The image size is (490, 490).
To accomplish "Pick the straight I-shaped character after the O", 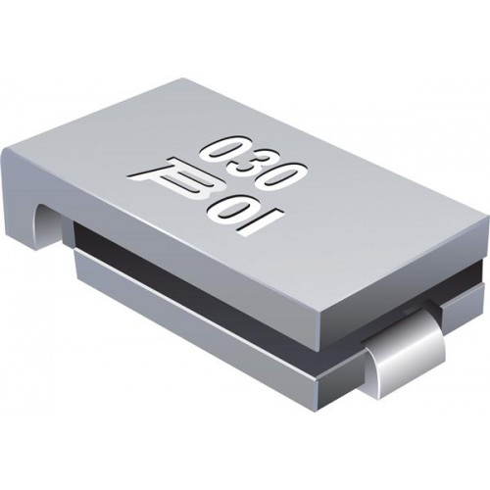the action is [x=264, y=222].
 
